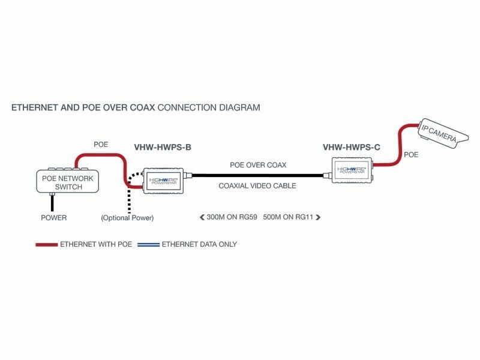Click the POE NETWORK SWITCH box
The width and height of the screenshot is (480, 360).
(x=67, y=181)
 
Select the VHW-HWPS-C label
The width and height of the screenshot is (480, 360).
(x=351, y=147)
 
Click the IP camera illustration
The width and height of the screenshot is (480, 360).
(x=440, y=134)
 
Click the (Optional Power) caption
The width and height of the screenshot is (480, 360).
(x=127, y=218)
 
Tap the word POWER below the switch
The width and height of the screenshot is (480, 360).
(x=53, y=218)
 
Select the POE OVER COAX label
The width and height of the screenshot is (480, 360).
(x=258, y=164)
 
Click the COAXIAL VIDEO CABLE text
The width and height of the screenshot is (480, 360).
(x=257, y=186)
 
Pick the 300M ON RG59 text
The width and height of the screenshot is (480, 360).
(x=231, y=217)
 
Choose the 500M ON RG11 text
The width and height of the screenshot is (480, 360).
(x=289, y=217)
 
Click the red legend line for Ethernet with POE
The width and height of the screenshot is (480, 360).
(x=46, y=245)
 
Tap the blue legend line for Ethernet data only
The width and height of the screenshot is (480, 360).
(x=148, y=245)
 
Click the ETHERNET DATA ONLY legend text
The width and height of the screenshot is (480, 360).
(x=199, y=245)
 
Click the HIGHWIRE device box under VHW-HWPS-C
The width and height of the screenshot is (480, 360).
(x=350, y=170)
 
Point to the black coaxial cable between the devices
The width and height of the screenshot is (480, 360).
(x=258, y=176)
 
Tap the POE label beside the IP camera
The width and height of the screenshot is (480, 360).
(x=411, y=155)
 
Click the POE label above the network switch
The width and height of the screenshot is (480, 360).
(x=101, y=145)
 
